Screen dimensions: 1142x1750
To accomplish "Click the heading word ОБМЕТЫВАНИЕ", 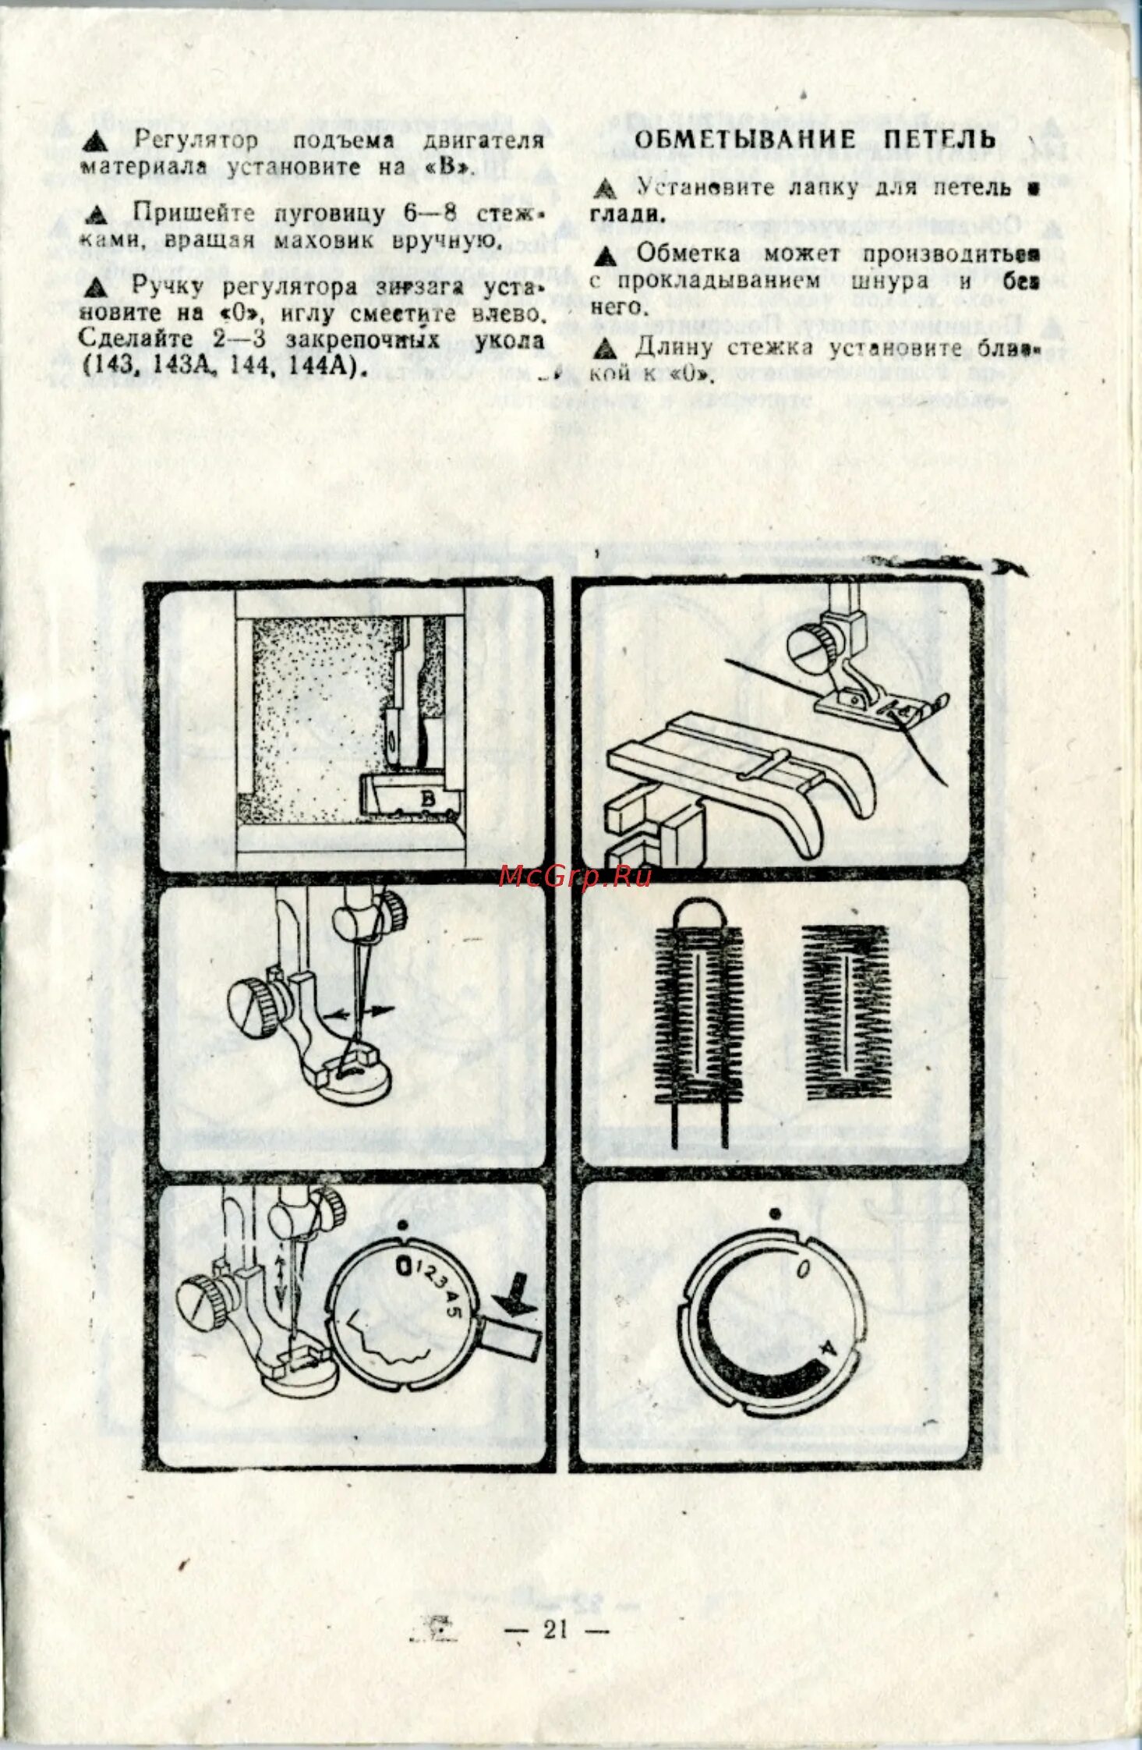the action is pos(744,140).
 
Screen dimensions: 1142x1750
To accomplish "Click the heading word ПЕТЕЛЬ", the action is pos(939,140).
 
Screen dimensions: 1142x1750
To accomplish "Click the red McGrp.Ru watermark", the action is pos(575,877).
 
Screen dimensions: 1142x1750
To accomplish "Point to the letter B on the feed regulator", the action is pos(427,798).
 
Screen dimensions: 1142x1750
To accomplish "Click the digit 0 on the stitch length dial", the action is pos(802,1270).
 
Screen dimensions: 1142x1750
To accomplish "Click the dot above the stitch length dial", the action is pos(775,1214).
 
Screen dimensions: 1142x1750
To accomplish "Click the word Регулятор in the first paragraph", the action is pos(195,140).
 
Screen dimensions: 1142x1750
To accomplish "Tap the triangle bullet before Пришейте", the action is pos(97,214).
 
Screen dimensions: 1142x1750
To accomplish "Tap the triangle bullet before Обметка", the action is pos(604,256).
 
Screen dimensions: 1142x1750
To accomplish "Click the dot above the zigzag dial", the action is pos(402,1225).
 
